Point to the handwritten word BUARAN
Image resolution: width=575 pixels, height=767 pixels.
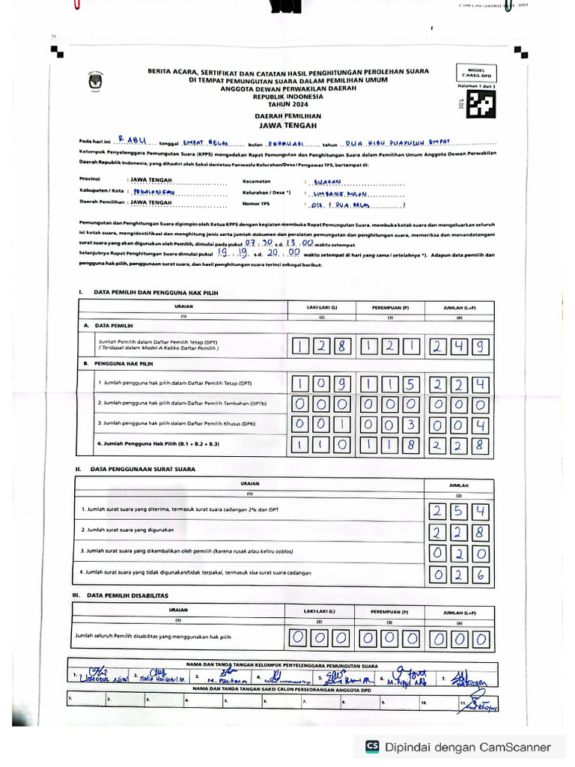point(327,181)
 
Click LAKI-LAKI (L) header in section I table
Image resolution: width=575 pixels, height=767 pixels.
point(322,307)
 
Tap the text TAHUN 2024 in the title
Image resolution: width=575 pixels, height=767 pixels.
point(288,104)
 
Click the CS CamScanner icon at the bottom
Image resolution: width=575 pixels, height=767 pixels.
point(372,747)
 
